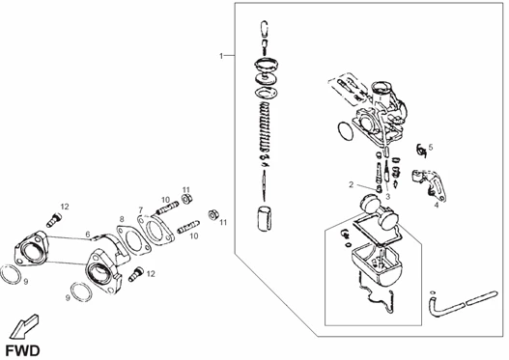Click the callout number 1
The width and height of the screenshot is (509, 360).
[x=221, y=56]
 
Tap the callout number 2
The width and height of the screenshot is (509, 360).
[x=351, y=184]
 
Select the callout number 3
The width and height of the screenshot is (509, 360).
[x=387, y=196]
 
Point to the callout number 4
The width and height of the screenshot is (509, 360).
[x=437, y=205]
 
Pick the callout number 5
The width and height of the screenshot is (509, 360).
[x=431, y=148]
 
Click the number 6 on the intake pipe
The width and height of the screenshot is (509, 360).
[x=88, y=235]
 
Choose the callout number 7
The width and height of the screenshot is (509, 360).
[x=141, y=209]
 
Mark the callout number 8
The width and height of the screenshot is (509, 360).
[x=122, y=219]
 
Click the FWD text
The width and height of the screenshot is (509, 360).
[x=23, y=351]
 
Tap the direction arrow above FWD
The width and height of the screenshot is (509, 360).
[x=23, y=327]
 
